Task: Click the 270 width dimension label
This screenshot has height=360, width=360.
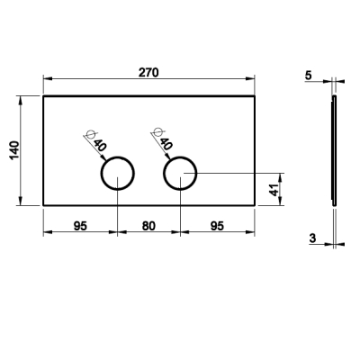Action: [148, 73]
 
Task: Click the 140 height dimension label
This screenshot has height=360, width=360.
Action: [14, 150]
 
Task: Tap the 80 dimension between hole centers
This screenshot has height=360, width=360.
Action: [148, 226]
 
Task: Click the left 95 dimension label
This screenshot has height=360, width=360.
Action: [80, 226]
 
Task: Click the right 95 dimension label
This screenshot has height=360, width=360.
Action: [217, 226]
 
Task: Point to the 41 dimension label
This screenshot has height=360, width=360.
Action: [274, 190]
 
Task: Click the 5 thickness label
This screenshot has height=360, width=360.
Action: [309, 76]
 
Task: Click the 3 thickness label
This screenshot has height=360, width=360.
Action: [312, 238]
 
